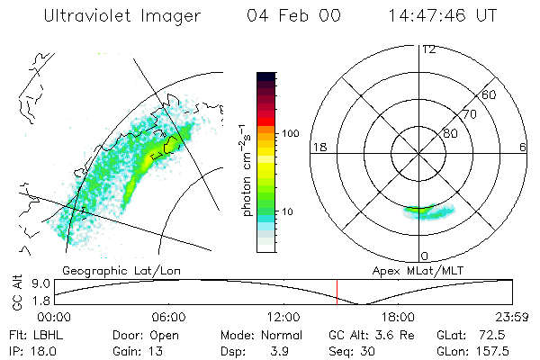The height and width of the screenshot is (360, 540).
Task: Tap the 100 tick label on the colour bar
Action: coord(291,133)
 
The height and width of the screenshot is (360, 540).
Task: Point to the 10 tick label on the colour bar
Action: coord(289,212)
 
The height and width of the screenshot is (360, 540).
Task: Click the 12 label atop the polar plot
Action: coord(428,49)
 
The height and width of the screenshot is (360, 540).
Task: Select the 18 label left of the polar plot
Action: coord(318,146)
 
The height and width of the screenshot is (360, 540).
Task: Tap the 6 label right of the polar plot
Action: coord(523,146)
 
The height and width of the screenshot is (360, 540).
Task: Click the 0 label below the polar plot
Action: coord(425,256)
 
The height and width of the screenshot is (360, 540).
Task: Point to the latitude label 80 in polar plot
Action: coord(450,133)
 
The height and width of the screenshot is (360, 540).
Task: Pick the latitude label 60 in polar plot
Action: coord(490,94)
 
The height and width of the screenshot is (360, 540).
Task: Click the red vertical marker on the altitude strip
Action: coord(337,292)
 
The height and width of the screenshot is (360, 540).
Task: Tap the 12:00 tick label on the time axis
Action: coord(283,317)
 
